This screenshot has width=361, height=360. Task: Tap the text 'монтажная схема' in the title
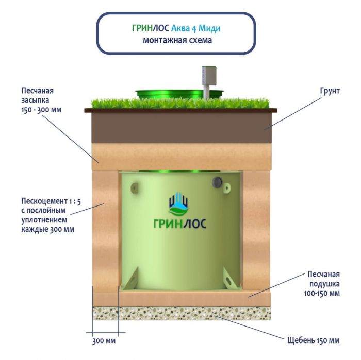click(x=177, y=40)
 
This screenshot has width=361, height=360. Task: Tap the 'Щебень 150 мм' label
click(x=314, y=341)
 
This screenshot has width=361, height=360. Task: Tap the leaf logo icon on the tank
click(x=179, y=204)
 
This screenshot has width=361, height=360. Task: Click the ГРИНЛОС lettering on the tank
click(x=179, y=224)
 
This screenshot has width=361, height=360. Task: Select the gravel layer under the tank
click(x=180, y=313)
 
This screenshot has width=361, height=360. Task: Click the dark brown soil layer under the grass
click(x=180, y=127)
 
